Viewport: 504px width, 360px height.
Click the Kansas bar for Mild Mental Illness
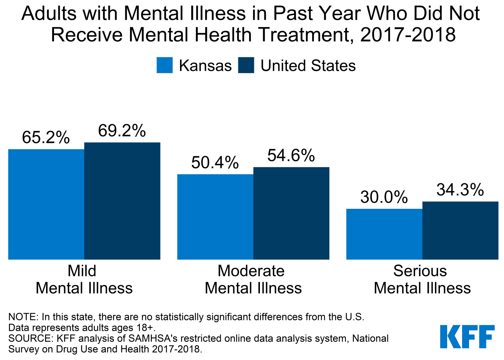46,204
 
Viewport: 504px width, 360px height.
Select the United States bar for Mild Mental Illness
122,201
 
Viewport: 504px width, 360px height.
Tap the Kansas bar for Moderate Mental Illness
215,217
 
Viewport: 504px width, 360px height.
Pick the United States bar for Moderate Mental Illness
291,213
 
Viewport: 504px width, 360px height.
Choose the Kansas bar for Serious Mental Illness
384,234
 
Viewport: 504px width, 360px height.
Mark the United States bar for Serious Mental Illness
460,230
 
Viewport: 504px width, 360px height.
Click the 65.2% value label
46,138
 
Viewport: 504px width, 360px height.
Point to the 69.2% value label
122,131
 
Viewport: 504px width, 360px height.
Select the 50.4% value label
215,163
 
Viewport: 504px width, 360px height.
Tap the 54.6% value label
291,156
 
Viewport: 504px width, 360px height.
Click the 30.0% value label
384,197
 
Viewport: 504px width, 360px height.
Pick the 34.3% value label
460,190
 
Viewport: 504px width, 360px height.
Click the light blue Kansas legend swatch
165,66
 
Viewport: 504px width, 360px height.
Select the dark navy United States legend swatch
246,66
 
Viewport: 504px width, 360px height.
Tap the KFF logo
467,337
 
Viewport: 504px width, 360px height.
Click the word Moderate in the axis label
251,271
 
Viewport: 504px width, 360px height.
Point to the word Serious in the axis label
420,271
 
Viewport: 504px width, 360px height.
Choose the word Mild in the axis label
82,271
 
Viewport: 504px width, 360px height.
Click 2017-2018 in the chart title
408,35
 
